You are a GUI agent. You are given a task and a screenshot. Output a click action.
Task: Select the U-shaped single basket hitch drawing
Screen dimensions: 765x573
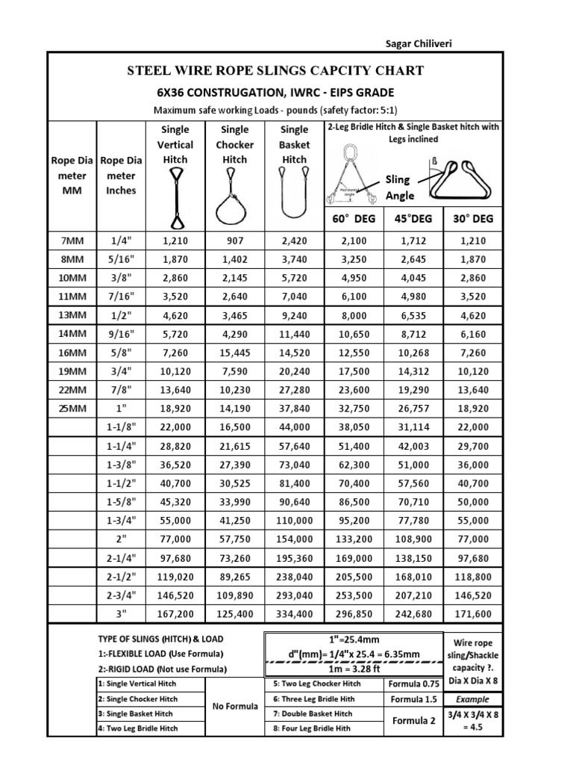293,193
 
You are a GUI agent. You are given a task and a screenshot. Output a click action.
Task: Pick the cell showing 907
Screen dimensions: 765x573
235,240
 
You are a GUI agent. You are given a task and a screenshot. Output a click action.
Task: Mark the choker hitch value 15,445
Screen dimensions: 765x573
235,351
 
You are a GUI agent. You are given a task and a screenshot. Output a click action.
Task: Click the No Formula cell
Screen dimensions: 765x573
235,706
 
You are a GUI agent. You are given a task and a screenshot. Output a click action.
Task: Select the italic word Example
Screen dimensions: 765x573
473,699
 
